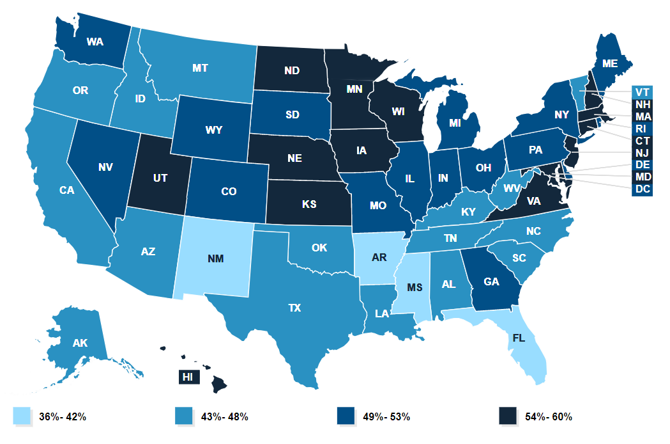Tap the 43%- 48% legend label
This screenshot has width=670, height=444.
coord(221,417)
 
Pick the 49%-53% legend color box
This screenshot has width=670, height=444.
coord(345,416)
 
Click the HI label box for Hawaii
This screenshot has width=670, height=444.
coord(187,377)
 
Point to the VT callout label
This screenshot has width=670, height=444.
coord(641,91)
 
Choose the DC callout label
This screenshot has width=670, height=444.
coord(641,189)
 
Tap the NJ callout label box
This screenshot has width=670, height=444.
coord(641,153)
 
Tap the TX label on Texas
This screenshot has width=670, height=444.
coord(294,308)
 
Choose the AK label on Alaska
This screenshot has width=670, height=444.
coord(80,343)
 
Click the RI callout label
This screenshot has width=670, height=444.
coord(641,129)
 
